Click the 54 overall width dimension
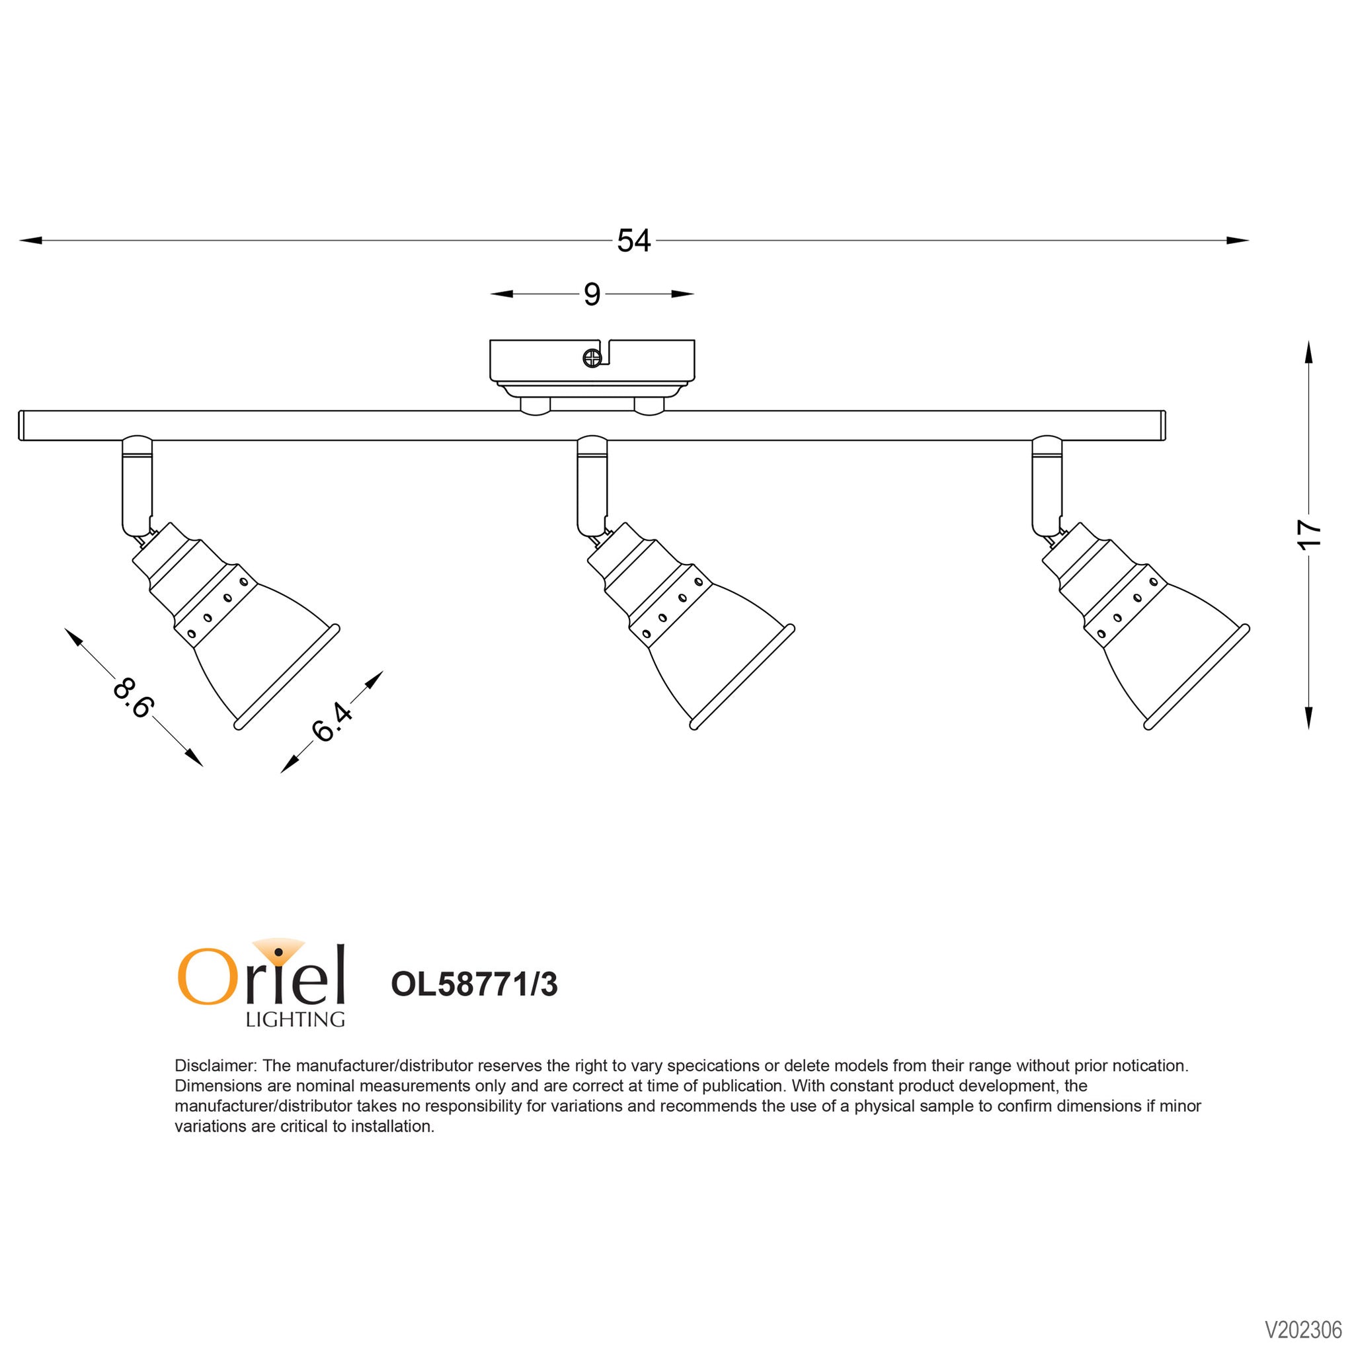coord(633,241)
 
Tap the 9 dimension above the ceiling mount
coord(592,294)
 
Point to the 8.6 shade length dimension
coord(132,697)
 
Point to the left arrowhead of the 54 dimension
coord(31,241)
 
